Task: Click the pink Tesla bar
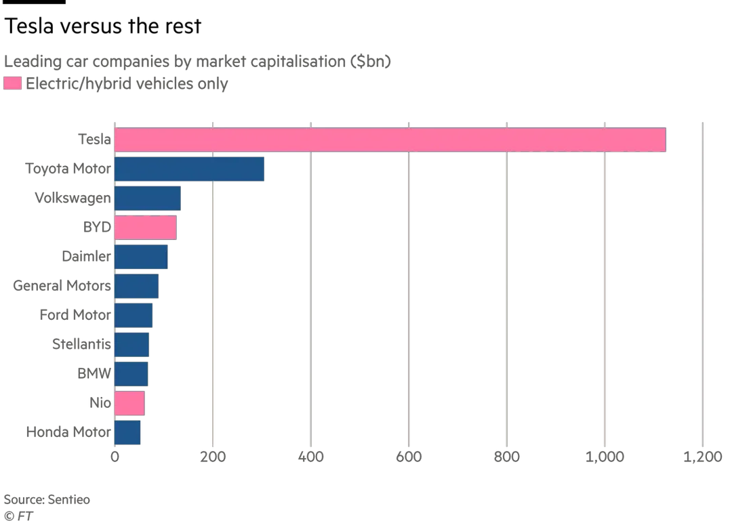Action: coord(390,140)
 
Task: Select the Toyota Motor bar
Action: coord(190,169)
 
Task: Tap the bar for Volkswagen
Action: coord(148,198)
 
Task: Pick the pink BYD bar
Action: coord(146,228)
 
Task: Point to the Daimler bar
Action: coord(141,257)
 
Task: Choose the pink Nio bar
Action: coord(129,403)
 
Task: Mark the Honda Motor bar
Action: coord(127,432)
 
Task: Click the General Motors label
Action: coord(62,286)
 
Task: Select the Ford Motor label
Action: coord(75,315)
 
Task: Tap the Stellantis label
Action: coord(81,344)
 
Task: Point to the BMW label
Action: coord(94,373)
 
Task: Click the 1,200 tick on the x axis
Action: coord(701,457)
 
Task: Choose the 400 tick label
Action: coord(311,457)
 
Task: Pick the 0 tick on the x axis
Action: coord(115,457)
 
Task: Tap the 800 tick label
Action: coord(507,457)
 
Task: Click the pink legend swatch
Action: coord(12,84)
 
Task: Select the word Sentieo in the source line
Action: coord(68,499)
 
